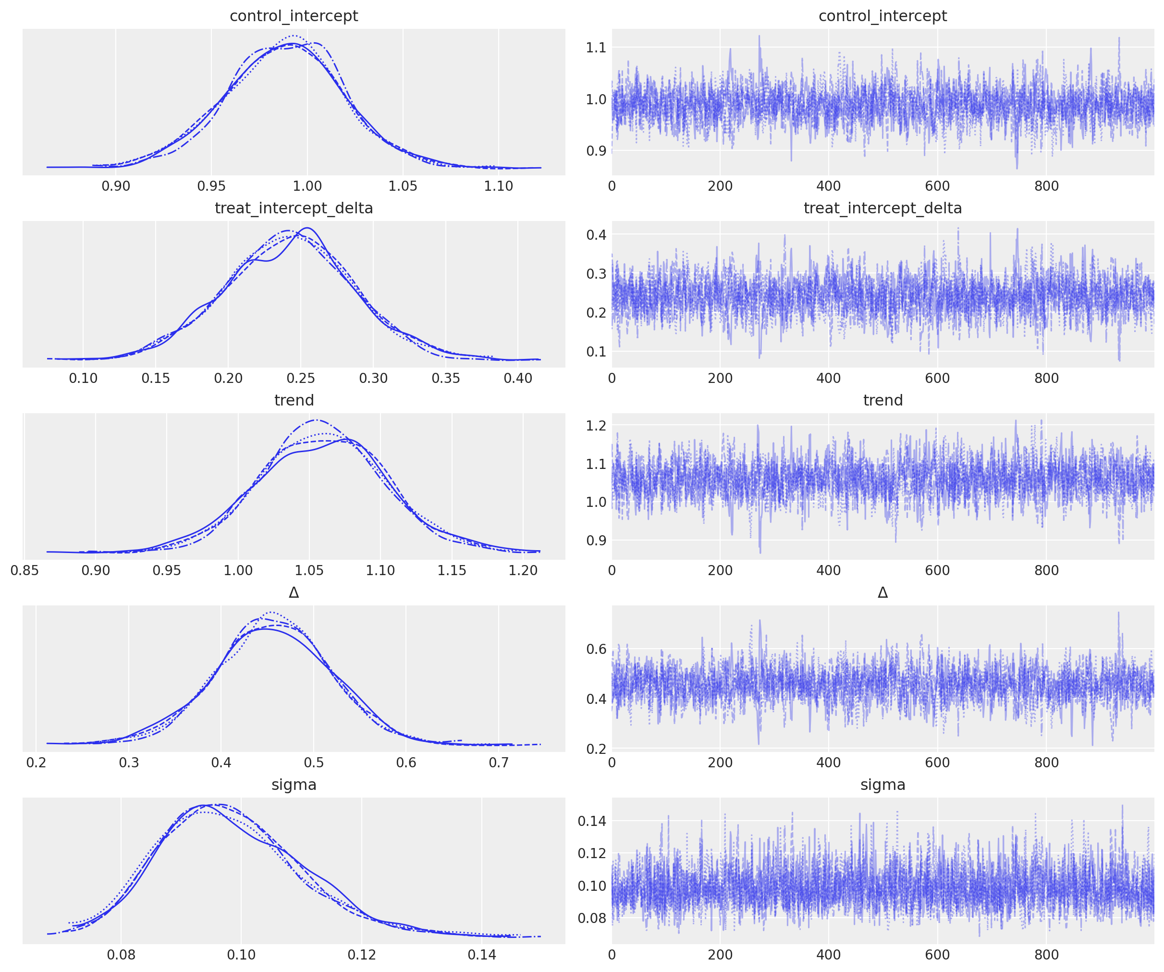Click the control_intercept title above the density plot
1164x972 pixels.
pyautogui.click(x=294, y=16)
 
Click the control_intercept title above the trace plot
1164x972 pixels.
pyautogui.click(x=882, y=16)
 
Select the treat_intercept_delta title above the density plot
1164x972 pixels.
pyautogui.click(x=294, y=209)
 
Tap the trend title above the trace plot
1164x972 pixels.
pyautogui.click(x=882, y=400)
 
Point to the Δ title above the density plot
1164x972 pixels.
pyautogui.click(x=294, y=593)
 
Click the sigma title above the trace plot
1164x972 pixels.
pyautogui.click(x=882, y=785)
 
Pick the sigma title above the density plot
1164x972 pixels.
pyautogui.click(x=294, y=785)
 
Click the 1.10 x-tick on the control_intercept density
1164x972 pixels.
pyautogui.click(x=498, y=186)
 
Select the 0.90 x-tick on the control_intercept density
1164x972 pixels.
pyautogui.click(x=116, y=186)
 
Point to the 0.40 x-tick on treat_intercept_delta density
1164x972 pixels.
pyautogui.click(x=518, y=379)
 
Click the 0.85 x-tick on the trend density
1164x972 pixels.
pyautogui.click(x=25, y=570)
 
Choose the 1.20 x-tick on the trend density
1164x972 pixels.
pyautogui.click(x=523, y=570)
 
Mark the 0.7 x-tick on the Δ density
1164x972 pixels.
pyautogui.click(x=498, y=763)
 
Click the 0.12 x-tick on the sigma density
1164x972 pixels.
pyautogui.click(x=361, y=955)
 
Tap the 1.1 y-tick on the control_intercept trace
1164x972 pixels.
pyautogui.click(x=596, y=48)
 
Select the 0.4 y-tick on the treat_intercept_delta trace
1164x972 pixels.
pyautogui.click(x=596, y=234)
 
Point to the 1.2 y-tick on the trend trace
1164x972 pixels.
pyautogui.click(x=596, y=425)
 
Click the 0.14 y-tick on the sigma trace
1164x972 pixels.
pyautogui.click(x=592, y=821)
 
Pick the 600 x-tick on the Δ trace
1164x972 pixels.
pyautogui.click(x=937, y=763)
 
